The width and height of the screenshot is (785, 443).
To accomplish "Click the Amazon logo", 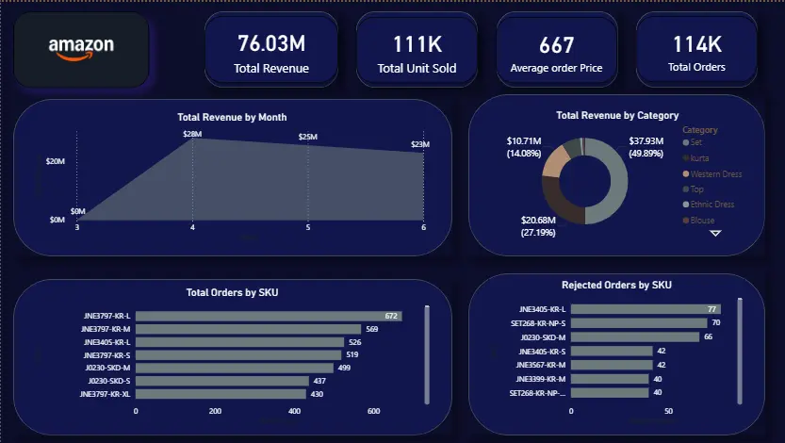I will (x=81, y=49).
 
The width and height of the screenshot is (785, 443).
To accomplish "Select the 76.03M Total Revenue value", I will (x=270, y=43).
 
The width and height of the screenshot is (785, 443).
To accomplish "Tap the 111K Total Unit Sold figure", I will (x=416, y=43).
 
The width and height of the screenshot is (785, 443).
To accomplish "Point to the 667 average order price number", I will (x=556, y=44).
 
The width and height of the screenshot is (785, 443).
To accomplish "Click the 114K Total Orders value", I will (x=696, y=43).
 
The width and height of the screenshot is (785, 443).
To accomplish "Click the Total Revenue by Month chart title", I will (x=232, y=117).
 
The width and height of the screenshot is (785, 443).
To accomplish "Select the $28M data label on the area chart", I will (x=192, y=135).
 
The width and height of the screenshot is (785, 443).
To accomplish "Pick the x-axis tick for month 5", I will (x=308, y=228).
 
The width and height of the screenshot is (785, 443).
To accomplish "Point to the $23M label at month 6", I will (x=419, y=144).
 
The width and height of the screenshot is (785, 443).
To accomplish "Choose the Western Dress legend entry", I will (x=715, y=173).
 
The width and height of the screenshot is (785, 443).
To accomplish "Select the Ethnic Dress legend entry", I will (x=711, y=204).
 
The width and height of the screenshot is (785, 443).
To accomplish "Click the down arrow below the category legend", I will (x=714, y=233).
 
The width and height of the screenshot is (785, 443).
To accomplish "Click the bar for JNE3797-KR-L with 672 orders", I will (x=269, y=317).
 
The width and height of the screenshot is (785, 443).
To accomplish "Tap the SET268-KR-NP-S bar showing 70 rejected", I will (x=638, y=322).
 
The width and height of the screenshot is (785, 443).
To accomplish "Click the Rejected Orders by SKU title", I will (x=616, y=285).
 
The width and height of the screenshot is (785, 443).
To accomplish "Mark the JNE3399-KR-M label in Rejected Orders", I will (x=538, y=378).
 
